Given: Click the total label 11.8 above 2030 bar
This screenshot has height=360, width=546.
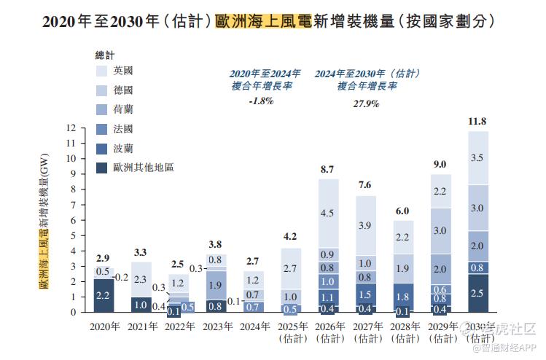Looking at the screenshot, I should coord(477,121).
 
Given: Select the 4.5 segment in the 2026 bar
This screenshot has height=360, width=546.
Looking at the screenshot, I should coord(327,214).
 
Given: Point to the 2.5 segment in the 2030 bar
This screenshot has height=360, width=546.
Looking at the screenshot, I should coord(477,293).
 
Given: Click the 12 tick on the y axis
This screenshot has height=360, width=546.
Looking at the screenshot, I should coord(71,128).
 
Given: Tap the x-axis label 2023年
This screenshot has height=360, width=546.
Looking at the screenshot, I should coord(216,326).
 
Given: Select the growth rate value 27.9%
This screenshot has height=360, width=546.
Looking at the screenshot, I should coord(367,103).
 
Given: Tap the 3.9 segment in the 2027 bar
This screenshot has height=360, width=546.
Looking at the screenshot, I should coord(365,226).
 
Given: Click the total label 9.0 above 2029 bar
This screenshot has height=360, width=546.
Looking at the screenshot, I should coord(440,165).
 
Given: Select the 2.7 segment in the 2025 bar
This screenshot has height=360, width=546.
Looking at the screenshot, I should coord(290,268).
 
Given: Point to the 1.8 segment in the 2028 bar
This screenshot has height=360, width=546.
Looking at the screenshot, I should coord(402,297).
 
